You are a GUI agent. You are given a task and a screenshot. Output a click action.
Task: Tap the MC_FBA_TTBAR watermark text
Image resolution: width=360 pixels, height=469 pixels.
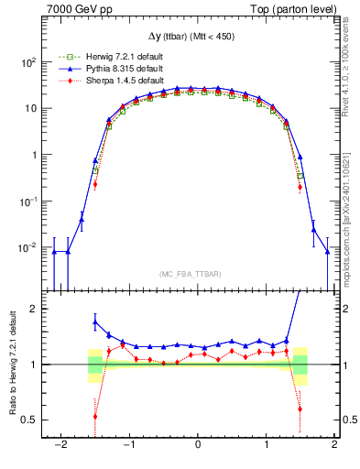pos(198,274)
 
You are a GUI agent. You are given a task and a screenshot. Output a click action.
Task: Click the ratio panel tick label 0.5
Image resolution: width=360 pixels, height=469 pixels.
pos(27,420)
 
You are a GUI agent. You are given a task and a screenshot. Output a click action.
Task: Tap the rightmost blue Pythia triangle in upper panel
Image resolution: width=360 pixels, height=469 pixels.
pos(327,252)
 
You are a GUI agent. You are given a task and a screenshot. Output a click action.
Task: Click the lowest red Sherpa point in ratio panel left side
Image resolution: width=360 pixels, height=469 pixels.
pos(95,416)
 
